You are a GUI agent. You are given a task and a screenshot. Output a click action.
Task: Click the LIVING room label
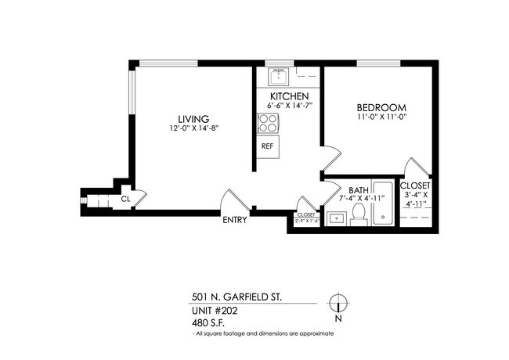pos(192,118)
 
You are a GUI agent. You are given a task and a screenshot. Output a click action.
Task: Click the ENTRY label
pos(235,220)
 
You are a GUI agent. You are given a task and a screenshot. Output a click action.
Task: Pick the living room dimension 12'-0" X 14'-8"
pos(192,128)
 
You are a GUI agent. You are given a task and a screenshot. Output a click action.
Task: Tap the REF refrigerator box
pos(267,146)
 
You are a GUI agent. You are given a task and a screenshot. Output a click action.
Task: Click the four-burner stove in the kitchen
pos(267,123)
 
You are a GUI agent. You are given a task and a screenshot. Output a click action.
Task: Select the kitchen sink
pos(277,77)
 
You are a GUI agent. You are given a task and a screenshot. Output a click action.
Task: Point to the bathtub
pos(383,204)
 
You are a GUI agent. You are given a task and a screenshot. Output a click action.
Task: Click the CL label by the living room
pos(125,200)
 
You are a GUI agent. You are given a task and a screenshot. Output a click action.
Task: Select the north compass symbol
pos(338,304)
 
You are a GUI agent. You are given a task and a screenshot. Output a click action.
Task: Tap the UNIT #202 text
pos(214,310)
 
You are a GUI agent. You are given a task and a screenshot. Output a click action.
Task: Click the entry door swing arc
pos(235,200)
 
